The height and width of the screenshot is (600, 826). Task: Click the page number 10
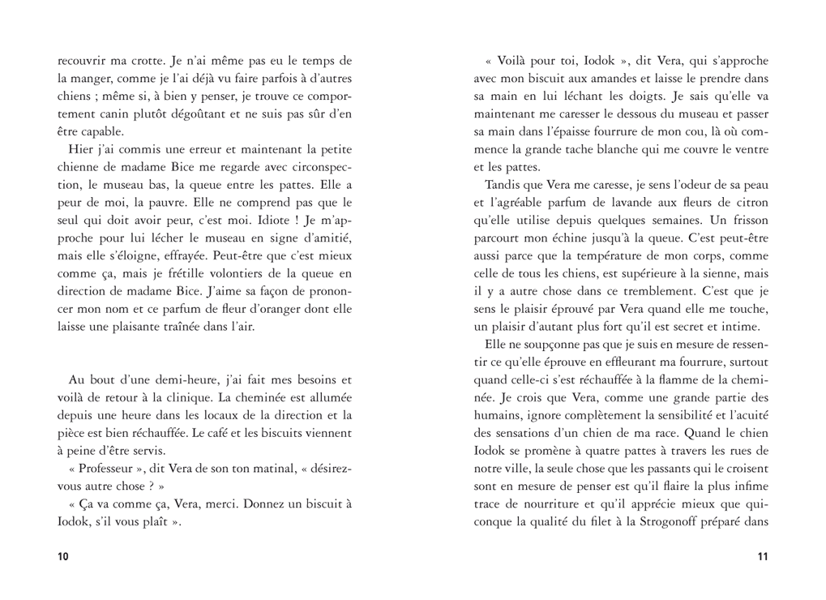click(x=64, y=556)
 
